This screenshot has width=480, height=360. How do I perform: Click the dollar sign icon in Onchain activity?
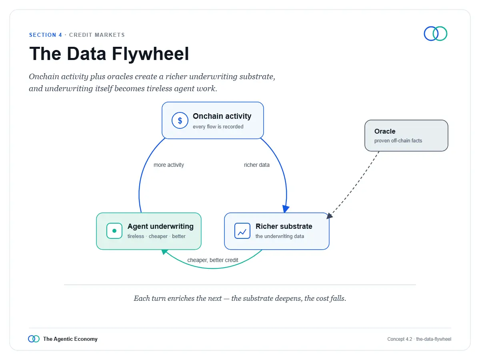(x=180, y=120)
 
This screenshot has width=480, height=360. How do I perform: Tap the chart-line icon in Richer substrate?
(x=242, y=231)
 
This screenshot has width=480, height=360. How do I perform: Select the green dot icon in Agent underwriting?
(x=114, y=231)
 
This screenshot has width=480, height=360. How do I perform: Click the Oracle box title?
(x=385, y=131)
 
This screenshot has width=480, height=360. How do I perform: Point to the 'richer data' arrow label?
(x=256, y=165)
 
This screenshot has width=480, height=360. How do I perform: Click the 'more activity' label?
(x=169, y=165)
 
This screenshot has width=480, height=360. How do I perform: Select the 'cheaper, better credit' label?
(x=212, y=260)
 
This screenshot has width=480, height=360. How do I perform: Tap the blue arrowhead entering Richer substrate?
(x=286, y=209)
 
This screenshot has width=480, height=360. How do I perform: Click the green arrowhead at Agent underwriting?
(x=164, y=252)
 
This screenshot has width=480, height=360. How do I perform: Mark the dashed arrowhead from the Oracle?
(x=329, y=216)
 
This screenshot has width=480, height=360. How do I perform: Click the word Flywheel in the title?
(x=150, y=54)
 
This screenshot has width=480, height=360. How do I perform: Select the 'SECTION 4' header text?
(x=46, y=35)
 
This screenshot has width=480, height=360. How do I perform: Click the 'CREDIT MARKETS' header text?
(x=97, y=35)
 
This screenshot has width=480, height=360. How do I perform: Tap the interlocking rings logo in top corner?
(x=435, y=34)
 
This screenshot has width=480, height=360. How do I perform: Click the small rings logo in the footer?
(x=34, y=339)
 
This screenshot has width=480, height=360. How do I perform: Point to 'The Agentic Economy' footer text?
(x=70, y=339)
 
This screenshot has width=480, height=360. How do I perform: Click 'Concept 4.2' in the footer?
(x=400, y=339)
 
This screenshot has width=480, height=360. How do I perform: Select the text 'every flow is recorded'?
(x=218, y=126)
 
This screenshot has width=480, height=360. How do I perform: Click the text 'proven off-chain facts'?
(x=398, y=140)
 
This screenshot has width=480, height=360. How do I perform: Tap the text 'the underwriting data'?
(x=280, y=236)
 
